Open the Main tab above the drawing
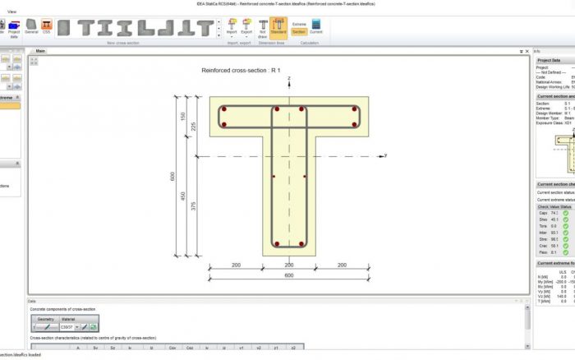(x=40, y=51)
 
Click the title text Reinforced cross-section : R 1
(x=241, y=71)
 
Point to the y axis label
(x=385, y=155)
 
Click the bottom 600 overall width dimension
(x=289, y=275)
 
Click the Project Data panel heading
(x=550, y=60)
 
